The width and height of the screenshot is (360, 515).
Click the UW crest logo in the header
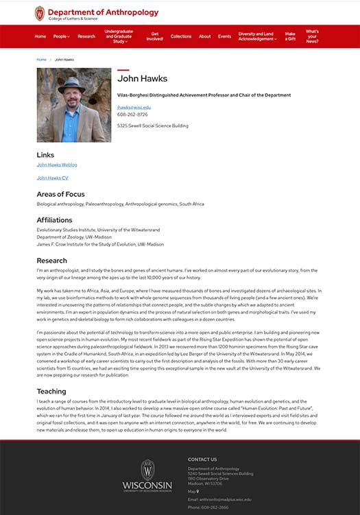pyautogui.click(x=40, y=14)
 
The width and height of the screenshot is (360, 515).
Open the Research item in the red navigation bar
pyautogui.click(x=86, y=36)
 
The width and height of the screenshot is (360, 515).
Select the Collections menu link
pyautogui.click(x=181, y=36)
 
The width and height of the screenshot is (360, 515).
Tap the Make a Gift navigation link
pyautogui.click(x=290, y=36)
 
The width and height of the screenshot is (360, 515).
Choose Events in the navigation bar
pyautogui.click(x=224, y=36)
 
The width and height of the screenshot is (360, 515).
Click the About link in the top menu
pyautogui.click(x=204, y=36)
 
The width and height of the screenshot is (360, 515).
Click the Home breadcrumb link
pyautogui.click(x=42, y=60)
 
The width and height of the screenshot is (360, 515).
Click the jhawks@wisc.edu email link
pyautogui.click(x=134, y=107)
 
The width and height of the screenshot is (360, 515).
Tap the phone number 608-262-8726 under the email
pyautogui.click(x=132, y=115)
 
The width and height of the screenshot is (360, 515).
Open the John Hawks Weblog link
pyautogui.click(x=57, y=165)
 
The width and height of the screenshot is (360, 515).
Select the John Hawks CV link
pyautogui.click(x=53, y=178)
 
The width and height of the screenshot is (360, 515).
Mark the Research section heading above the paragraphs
pyautogui.click(x=52, y=261)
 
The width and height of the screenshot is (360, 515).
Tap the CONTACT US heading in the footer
pyautogui.click(x=202, y=459)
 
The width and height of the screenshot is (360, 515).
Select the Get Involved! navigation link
pyautogui.click(x=155, y=36)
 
